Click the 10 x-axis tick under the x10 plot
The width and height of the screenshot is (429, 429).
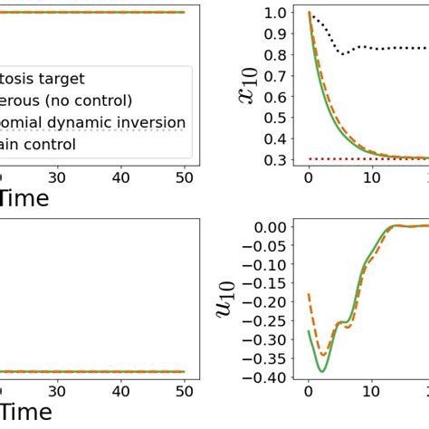click(371, 178)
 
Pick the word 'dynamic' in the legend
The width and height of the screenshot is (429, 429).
click(85, 122)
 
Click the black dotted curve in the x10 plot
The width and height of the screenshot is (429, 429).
click(362, 47)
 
